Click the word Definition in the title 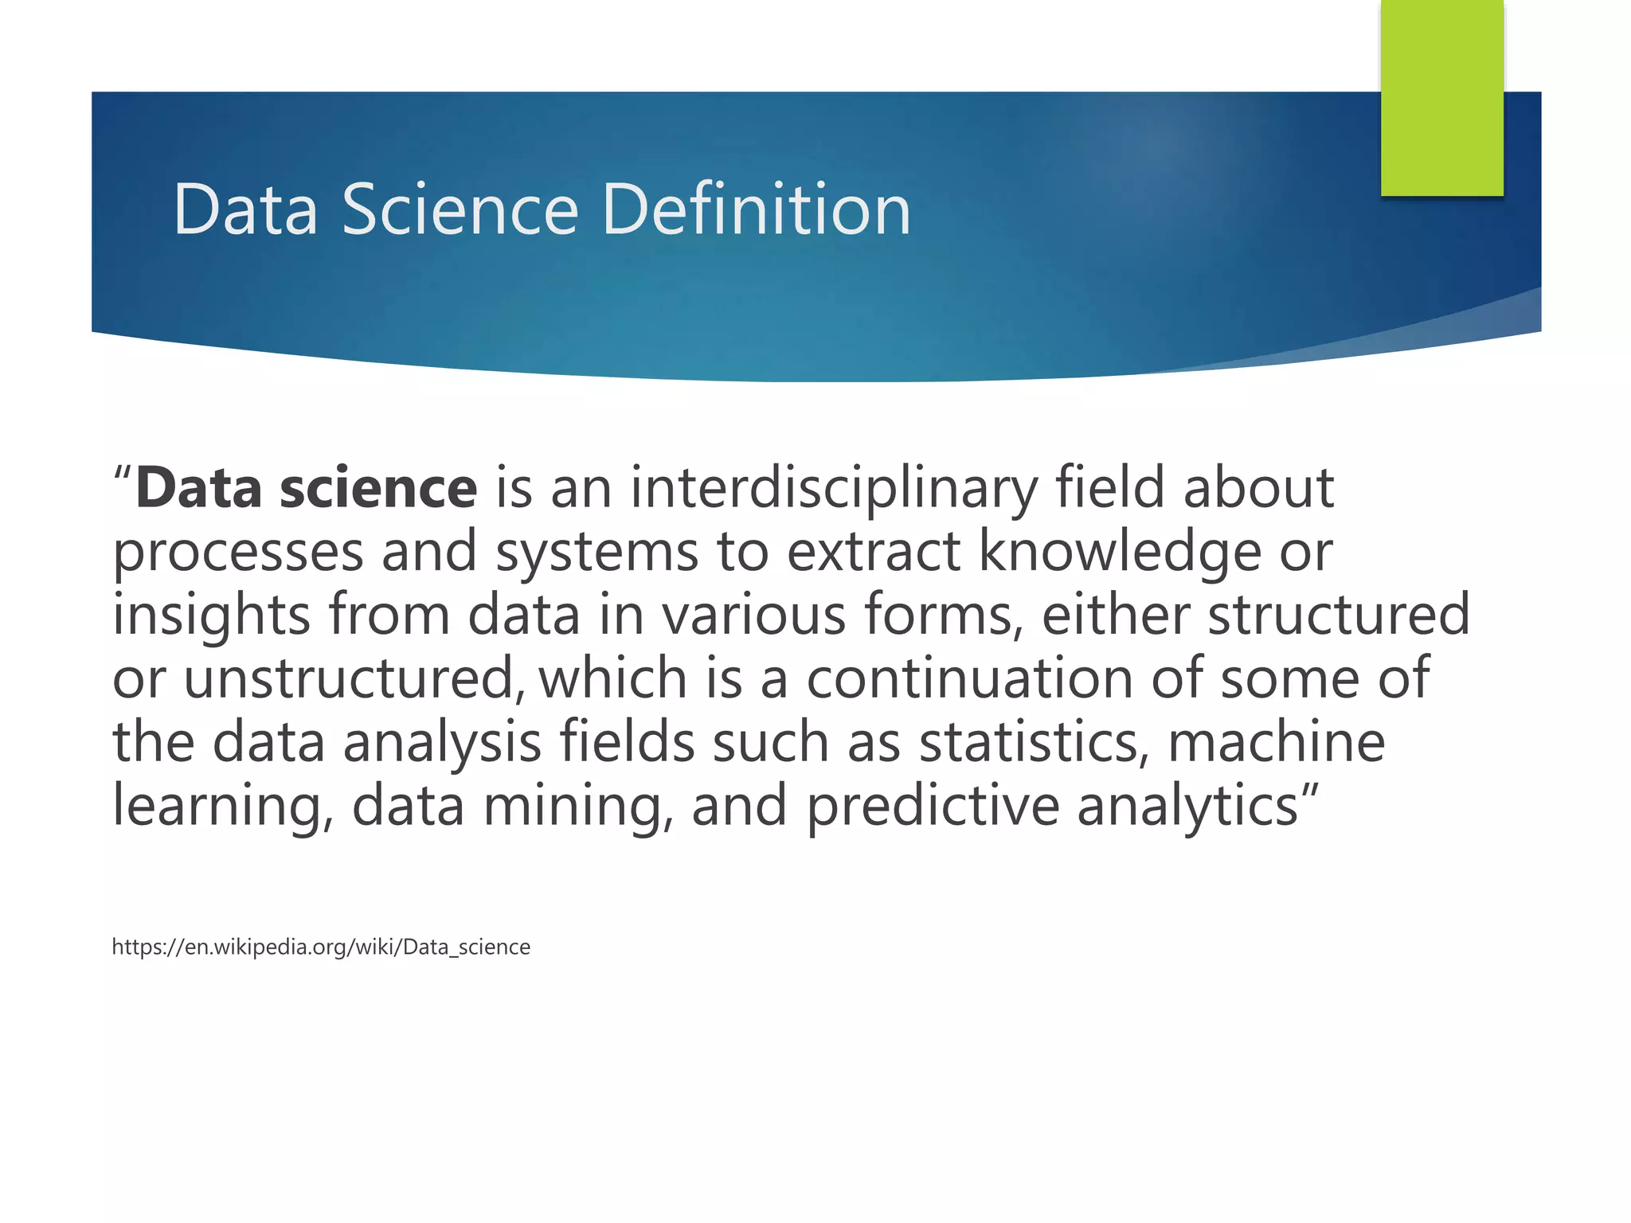tap(756, 209)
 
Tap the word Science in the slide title tap(460, 209)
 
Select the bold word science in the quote tap(378, 488)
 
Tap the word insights tap(211, 615)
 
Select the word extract tap(874, 551)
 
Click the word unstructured tap(354, 678)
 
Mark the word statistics tap(1034, 742)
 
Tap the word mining tap(577, 807)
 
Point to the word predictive tap(933, 807)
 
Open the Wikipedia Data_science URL tap(321, 947)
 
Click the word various tap(753, 615)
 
